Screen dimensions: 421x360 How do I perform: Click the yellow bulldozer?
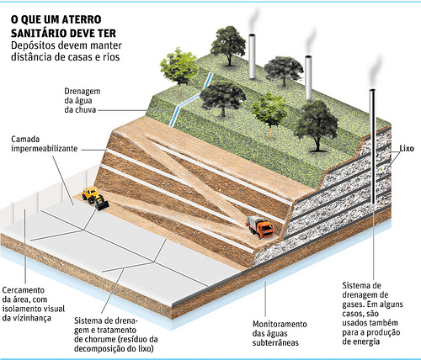point(95,199)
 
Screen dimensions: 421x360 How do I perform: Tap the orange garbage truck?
point(260,226)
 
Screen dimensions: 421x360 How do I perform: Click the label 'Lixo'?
point(407,148)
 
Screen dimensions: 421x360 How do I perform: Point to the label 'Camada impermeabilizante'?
point(45,144)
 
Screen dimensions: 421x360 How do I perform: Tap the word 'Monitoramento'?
point(280,324)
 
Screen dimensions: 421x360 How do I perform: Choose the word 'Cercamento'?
point(24,290)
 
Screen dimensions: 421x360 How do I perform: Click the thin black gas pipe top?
point(372,90)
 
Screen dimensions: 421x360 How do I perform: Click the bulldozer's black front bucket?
point(102,206)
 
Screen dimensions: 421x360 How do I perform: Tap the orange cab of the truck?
point(265,228)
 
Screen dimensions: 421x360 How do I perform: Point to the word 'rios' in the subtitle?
point(112,57)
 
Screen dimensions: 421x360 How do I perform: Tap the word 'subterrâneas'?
point(275,342)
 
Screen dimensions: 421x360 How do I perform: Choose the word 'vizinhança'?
point(32,318)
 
